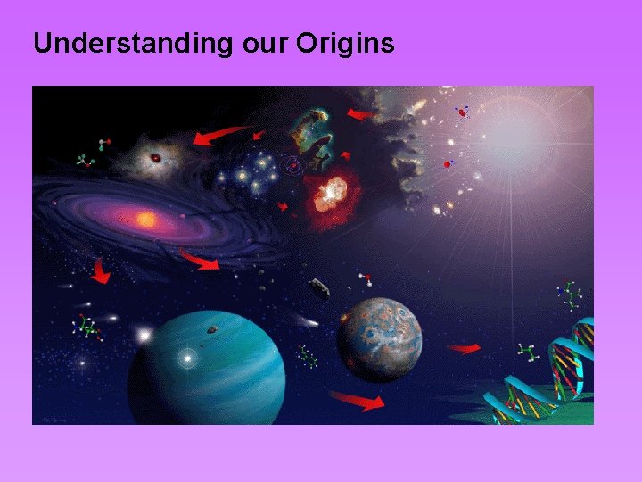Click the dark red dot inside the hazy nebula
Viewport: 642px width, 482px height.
pos(156,158)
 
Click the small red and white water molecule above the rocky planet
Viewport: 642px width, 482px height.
pos(365,279)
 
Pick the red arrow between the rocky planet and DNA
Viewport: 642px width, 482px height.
pos(464,348)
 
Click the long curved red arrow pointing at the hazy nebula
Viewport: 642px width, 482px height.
pos(218,135)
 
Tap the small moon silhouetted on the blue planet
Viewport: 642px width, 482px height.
pos(212,329)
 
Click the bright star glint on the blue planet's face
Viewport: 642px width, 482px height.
pos(187,359)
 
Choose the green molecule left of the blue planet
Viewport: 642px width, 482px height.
pos(86,327)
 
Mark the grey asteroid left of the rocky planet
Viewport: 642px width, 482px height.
pos(319,288)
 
